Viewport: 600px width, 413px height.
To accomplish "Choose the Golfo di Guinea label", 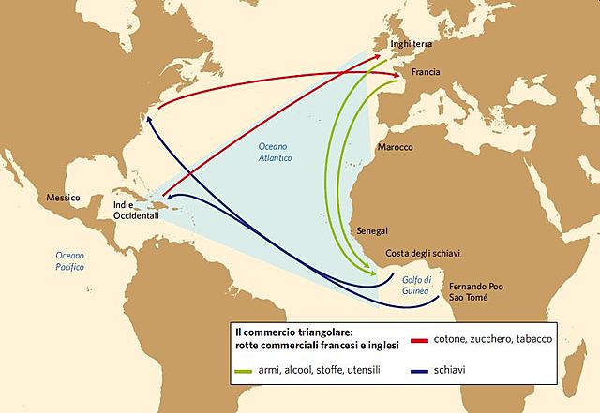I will point(419,286).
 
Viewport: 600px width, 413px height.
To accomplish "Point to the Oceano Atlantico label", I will point(278,154).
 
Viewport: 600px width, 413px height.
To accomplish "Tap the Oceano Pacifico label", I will point(69,260).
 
